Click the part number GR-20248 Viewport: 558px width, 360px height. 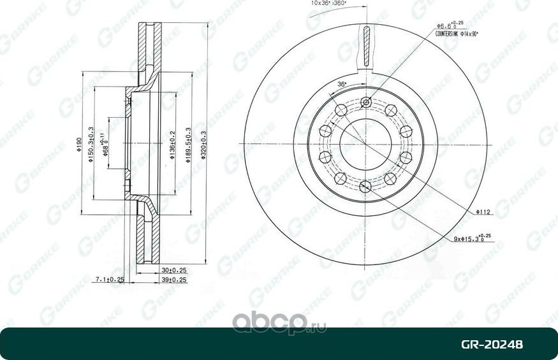coord(492,345)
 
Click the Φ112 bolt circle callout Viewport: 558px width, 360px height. coord(483,211)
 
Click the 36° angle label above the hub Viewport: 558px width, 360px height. coord(342,85)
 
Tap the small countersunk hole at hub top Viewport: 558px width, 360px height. coord(365,103)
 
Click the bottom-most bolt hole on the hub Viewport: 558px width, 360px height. coord(365,185)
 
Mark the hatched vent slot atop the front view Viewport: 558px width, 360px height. coord(366,46)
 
